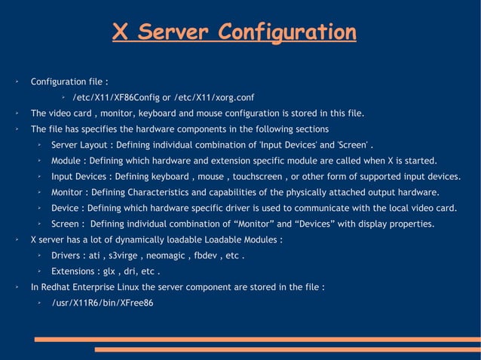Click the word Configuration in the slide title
click(286, 32)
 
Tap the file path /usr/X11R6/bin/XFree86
click(102, 303)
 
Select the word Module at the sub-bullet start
click(66, 160)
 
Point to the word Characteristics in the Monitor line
click(153, 192)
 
